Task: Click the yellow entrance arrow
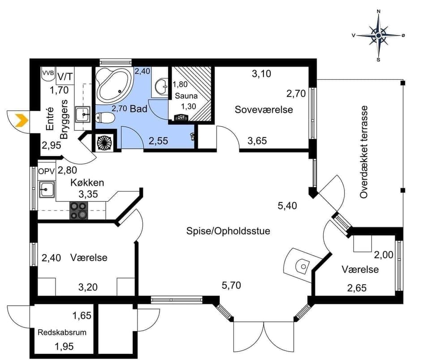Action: pos(20,120)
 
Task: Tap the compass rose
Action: pos(378,35)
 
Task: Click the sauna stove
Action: pos(181,117)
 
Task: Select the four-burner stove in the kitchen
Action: pos(78,210)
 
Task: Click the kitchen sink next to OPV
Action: pos(47,190)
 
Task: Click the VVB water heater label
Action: pos(47,73)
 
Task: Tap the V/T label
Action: pos(65,74)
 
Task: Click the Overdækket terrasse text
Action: pos(364,152)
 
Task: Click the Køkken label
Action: pos(87,183)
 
